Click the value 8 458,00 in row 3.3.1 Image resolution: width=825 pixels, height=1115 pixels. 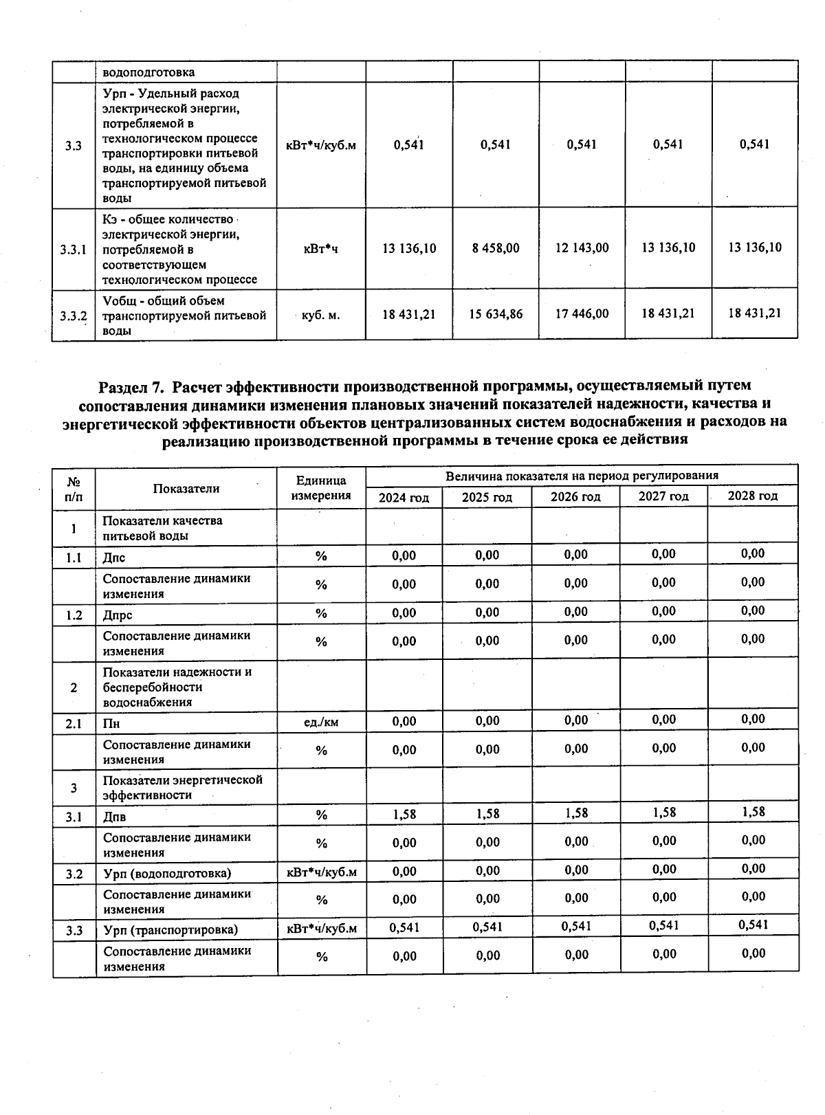click(x=496, y=248)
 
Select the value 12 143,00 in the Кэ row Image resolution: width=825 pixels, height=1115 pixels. click(x=582, y=247)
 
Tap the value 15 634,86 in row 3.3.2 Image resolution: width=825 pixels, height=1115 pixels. click(x=496, y=314)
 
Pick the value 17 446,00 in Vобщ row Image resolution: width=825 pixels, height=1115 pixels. click(x=582, y=313)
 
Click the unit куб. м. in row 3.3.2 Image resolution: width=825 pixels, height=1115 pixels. click(x=320, y=316)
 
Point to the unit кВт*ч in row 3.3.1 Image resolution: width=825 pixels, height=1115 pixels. click(x=320, y=249)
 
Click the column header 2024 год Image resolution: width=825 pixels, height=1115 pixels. click(x=404, y=498)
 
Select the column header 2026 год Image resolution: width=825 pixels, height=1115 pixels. click(x=575, y=497)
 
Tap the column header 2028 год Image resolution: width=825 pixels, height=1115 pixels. click(x=753, y=496)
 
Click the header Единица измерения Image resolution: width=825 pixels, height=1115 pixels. click(x=320, y=488)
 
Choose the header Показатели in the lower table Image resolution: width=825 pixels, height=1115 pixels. click(x=186, y=489)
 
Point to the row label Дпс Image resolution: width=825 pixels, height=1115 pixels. click(x=114, y=557)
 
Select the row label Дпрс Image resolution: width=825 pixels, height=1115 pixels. click(x=118, y=615)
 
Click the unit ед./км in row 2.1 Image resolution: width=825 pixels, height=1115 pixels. click(x=320, y=722)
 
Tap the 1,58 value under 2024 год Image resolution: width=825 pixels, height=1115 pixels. click(x=404, y=815)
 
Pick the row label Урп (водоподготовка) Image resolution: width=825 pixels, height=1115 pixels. click(x=167, y=874)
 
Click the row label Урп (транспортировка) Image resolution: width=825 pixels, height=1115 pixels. click(x=170, y=930)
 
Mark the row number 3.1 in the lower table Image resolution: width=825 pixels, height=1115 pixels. click(x=74, y=817)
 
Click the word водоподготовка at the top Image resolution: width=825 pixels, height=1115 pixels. click(x=148, y=72)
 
